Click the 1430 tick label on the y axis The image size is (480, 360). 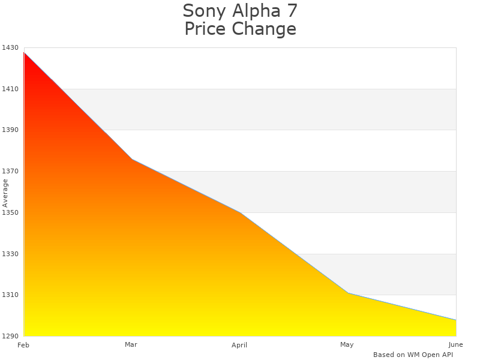[9, 48]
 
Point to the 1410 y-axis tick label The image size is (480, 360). [9, 89]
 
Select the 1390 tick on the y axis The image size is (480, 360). [9, 130]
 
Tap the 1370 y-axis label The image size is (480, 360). [9, 172]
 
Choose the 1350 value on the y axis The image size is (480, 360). [9, 212]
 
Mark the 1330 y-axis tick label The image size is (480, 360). [9, 254]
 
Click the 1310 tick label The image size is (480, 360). [9, 295]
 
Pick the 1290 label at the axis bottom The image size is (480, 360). [9, 336]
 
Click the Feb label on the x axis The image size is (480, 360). [23, 345]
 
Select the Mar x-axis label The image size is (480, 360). [131, 344]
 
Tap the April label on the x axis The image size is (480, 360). [239, 345]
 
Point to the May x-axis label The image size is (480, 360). [347, 344]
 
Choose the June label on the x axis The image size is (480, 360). [455, 344]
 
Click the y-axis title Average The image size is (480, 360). [5, 193]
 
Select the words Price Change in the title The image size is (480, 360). [240, 29]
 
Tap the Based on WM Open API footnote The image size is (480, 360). [413, 355]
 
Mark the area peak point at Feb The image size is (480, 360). [24, 53]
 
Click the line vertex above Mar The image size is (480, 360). [131, 159]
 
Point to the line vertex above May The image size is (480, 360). [347, 293]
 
